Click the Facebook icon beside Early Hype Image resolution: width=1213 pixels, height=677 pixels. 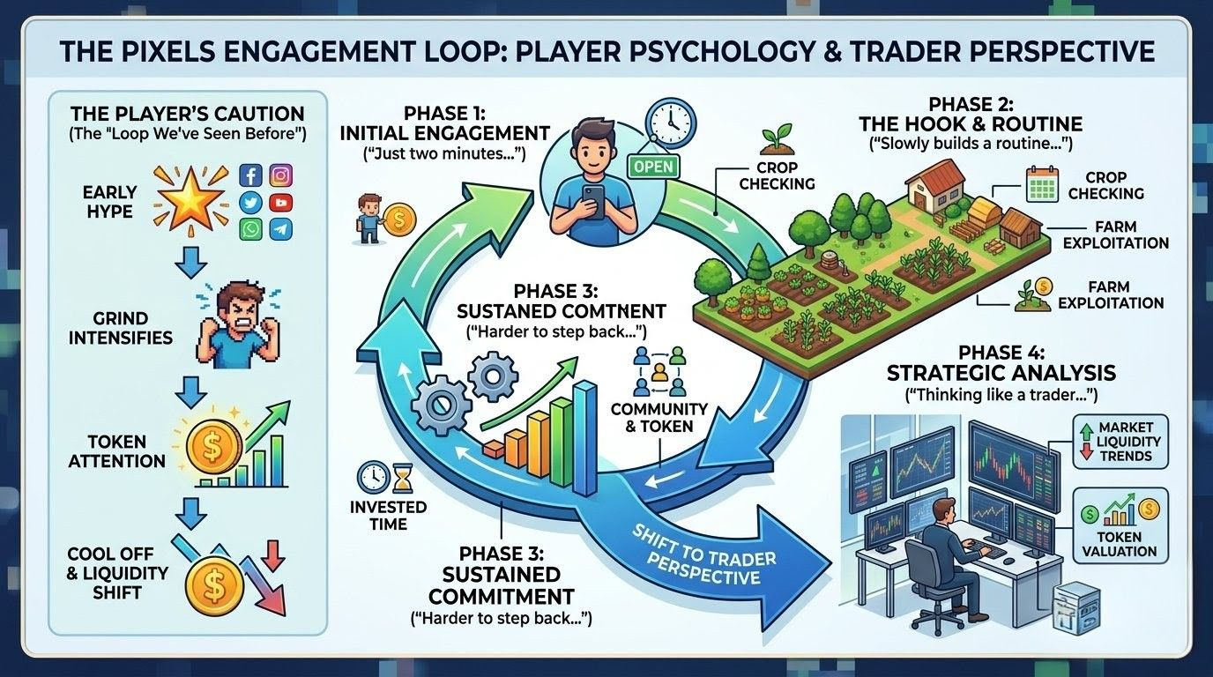[252, 175]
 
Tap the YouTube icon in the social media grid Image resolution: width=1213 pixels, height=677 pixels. [281, 202]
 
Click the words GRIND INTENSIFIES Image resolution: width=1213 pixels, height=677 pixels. [120, 327]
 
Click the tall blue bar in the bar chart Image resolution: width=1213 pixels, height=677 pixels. [584, 437]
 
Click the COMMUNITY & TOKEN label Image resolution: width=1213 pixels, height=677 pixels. [659, 417]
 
